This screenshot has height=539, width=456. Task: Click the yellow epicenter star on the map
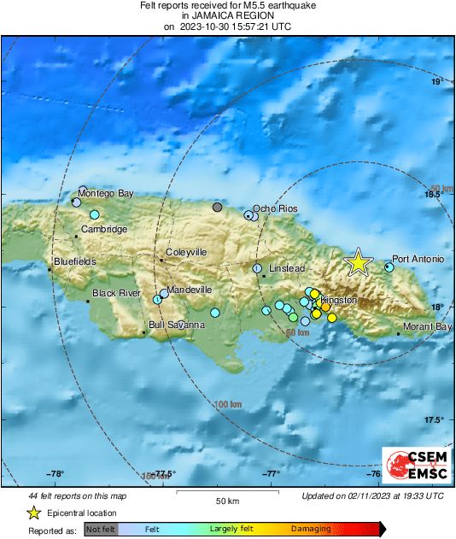pos(358,263)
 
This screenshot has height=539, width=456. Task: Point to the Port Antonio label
pos(418,259)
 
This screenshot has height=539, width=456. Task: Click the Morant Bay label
pos(428,326)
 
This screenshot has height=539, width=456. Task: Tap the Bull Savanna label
pos(176,325)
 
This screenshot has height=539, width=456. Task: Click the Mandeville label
pos(189,290)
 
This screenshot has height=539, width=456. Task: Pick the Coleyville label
pos(186,252)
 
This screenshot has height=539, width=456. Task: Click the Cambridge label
pos(105,229)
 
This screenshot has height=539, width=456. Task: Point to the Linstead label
pos(287,268)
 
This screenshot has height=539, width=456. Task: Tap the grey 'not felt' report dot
pos(217,208)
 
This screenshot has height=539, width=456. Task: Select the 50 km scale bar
pos(226,494)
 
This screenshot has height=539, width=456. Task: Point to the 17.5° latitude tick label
pos(436,419)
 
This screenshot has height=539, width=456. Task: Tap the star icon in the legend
pos(33,513)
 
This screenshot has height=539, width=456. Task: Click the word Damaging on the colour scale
pos(311,530)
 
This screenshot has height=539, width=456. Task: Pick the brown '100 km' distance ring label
pos(227,404)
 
